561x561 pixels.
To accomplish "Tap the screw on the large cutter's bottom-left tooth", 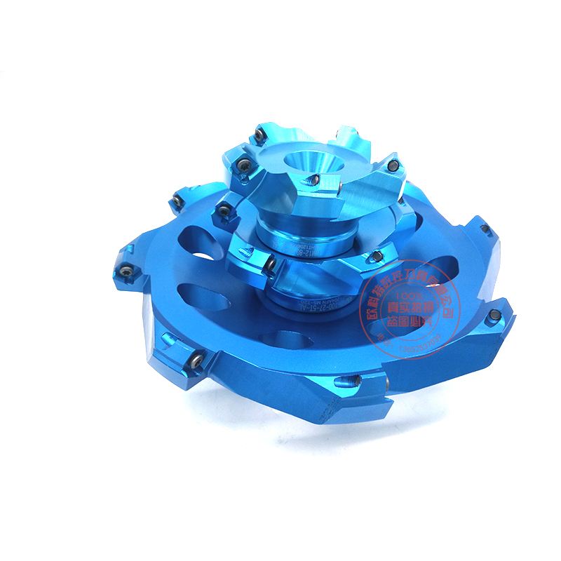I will click(196, 361).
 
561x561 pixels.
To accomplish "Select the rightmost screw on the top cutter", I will click(395, 165).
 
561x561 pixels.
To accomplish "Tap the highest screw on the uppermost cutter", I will click(260, 131).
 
